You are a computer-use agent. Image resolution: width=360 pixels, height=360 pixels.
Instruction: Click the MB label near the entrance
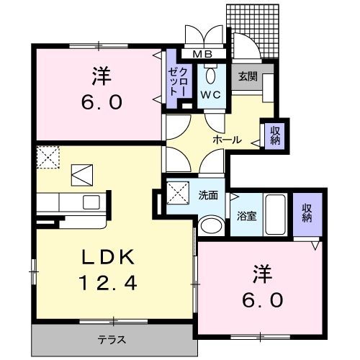[x=202, y=53]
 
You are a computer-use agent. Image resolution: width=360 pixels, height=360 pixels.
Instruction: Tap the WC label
[x=211, y=94]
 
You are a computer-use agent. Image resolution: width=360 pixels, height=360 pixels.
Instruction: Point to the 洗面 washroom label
[x=208, y=195]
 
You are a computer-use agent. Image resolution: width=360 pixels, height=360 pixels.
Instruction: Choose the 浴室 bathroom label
[x=247, y=214]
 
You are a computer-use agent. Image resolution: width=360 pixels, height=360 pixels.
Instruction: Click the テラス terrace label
[x=112, y=338]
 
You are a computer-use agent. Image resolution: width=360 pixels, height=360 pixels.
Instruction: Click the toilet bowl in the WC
[x=211, y=76]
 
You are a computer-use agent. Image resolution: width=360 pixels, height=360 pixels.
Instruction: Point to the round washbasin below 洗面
[x=212, y=226]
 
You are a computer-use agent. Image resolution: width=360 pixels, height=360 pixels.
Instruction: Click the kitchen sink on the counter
[x=92, y=201]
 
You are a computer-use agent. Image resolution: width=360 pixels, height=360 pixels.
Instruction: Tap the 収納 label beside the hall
[x=275, y=135]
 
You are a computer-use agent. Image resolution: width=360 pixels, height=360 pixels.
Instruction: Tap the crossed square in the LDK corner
[x=48, y=157]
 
